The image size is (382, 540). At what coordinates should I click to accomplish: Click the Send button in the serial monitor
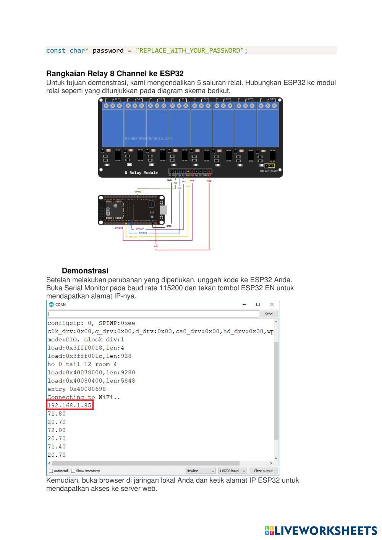coord(269,314)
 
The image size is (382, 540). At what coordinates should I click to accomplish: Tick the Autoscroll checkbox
coord(51,471)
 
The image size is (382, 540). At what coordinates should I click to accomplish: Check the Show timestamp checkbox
coord(73,471)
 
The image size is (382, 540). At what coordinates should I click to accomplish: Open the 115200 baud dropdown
coord(232,471)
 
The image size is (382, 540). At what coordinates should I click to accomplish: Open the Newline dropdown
coord(201,471)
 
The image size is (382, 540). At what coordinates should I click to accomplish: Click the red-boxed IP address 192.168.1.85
coord(70,405)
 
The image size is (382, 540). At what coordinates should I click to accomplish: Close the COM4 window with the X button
coord(272,304)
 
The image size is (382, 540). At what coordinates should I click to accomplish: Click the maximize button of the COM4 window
coord(258,304)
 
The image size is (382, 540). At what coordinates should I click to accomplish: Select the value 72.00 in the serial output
coord(57,430)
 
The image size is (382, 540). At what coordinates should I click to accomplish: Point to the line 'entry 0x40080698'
coord(76,389)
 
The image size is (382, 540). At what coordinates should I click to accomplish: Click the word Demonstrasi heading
coord(85,271)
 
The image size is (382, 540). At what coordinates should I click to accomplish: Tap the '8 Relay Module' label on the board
coord(141,173)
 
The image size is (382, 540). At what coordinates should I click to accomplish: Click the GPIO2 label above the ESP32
coord(138,191)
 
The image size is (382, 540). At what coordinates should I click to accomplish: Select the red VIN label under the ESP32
coord(155,246)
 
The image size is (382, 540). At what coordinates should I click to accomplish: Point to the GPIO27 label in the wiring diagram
coord(140,229)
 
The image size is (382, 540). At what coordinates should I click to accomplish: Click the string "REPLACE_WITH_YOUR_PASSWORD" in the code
coord(189,50)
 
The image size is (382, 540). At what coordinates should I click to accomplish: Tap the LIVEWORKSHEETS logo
coord(321,530)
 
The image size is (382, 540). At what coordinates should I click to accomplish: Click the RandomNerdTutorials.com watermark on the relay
coord(148,138)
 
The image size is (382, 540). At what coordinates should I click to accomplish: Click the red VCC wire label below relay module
coord(209,181)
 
